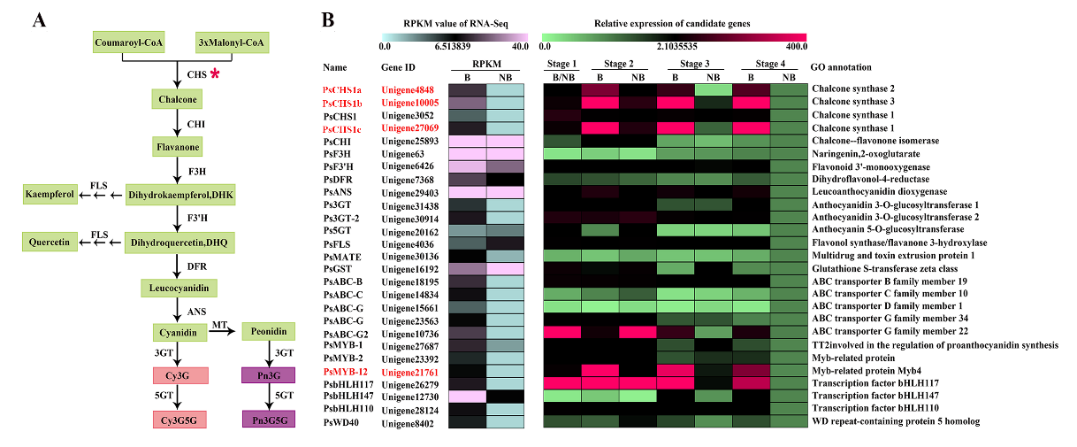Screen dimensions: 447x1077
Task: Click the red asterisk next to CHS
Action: pyautogui.click(x=215, y=75)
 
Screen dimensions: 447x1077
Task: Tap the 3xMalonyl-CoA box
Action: pyautogui.click(x=232, y=42)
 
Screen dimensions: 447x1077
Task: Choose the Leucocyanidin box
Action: pyautogui.click(x=178, y=289)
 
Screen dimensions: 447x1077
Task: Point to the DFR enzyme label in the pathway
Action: pyautogui.click(x=196, y=266)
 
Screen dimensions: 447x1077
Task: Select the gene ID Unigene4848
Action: pyautogui.click(x=409, y=90)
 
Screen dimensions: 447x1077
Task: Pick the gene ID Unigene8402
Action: pyautogui.click(x=409, y=421)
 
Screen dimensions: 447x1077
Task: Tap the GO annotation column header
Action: pyautogui.click(x=841, y=66)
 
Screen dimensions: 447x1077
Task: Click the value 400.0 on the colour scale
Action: pyautogui.click(x=794, y=45)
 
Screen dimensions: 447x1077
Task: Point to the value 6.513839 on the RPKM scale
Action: pyautogui.click(x=452, y=45)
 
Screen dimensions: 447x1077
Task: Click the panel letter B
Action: pyautogui.click(x=329, y=19)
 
